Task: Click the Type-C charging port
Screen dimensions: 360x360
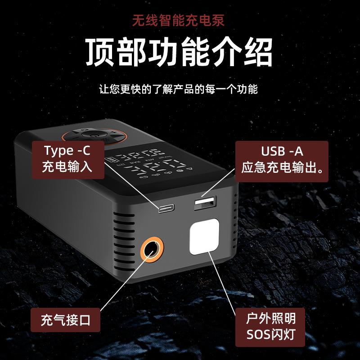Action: tap(164, 208)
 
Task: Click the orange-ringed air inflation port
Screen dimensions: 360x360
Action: tap(151, 250)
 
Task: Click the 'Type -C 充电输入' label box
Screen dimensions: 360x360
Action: tap(67, 158)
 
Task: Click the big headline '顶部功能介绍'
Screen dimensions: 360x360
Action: tap(180, 52)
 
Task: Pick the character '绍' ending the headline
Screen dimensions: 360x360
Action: tap(258, 52)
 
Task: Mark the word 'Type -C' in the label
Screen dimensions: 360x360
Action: tap(67, 150)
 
